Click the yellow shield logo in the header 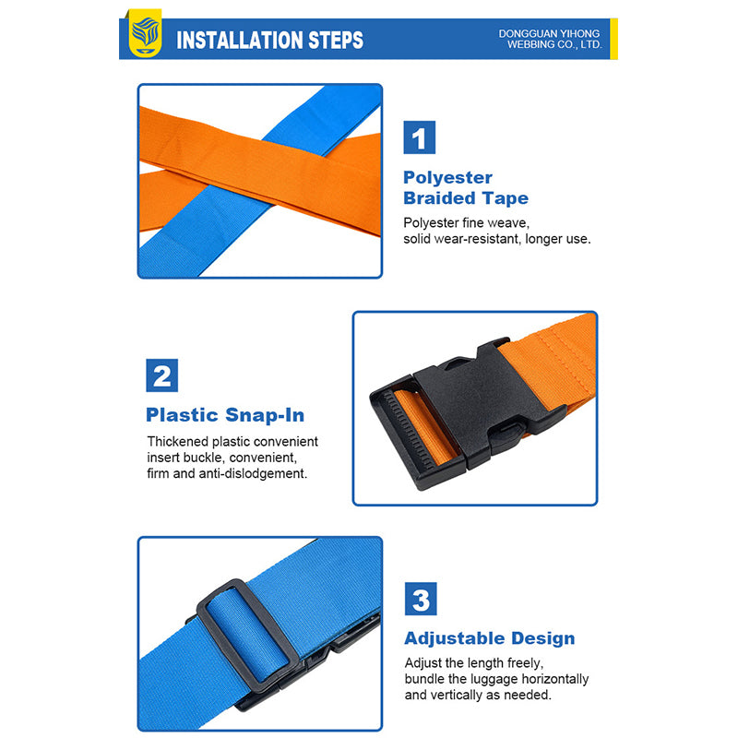[145, 33]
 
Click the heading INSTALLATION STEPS [269, 40]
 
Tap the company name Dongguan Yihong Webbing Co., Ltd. [550, 39]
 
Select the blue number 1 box [420, 137]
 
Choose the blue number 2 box [162, 375]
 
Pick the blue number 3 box [421, 599]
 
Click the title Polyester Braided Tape [466, 188]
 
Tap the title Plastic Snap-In [225, 415]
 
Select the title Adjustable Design [490, 638]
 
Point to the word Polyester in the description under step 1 [431, 222]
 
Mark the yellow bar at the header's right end [613, 39]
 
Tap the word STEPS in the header [336, 40]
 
